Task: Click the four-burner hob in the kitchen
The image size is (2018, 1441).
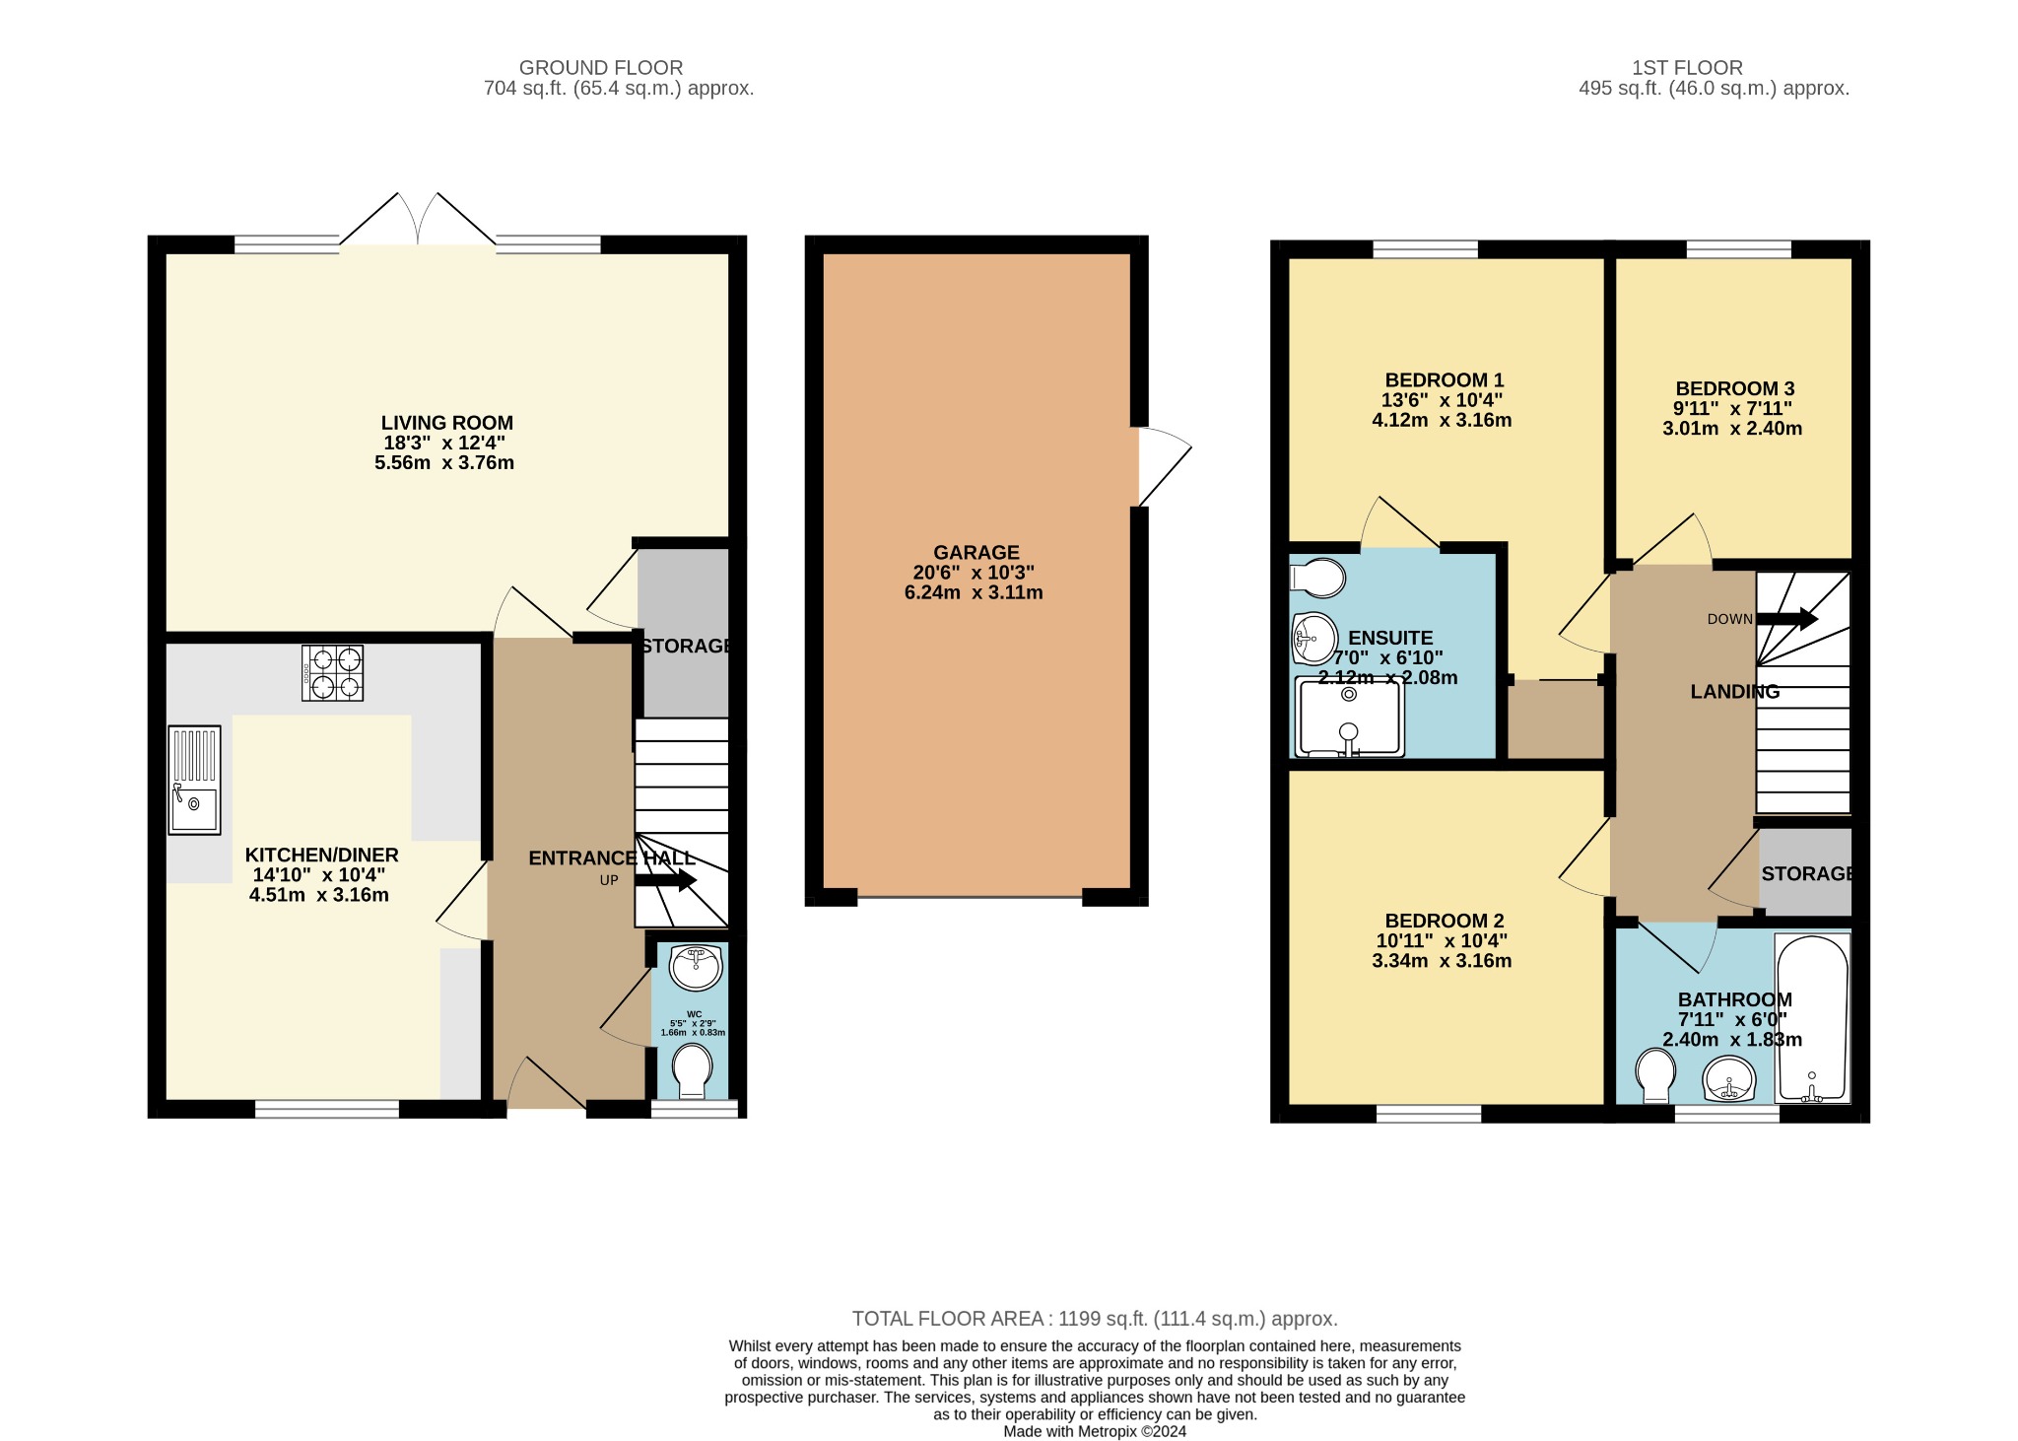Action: pos(332,672)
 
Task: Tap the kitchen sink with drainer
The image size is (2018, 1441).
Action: pos(194,780)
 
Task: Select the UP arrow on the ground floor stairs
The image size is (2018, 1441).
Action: pos(666,880)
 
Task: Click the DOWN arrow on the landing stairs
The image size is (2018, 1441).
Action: pos(1786,619)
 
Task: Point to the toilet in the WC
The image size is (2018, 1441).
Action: pos(693,1071)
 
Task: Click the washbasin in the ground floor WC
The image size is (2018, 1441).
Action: pos(697,966)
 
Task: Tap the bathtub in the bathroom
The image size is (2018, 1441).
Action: pos(1811,1017)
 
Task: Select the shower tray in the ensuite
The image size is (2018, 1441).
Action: pos(1349,719)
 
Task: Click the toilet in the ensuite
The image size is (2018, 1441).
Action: pos(1317,578)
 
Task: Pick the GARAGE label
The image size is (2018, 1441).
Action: pos(976,553)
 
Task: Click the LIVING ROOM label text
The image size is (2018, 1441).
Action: pos(447,423)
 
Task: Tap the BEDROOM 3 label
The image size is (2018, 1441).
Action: pos(1733,388)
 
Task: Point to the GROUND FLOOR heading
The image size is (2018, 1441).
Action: pos(601,68)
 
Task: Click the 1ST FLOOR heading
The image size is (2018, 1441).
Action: pos(1687,68)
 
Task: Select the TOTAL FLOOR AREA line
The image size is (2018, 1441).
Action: pos(1094,1319)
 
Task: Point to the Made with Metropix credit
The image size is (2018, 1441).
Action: pos(1094,1431)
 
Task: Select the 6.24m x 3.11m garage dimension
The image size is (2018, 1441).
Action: pos(973,592)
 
